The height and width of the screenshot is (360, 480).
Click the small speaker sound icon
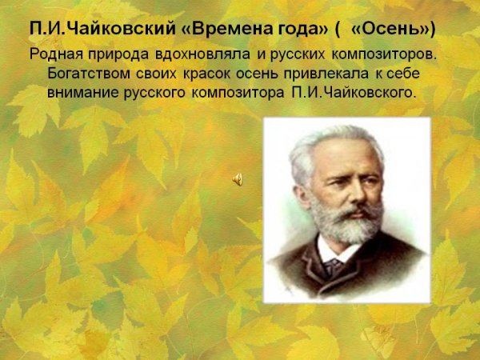pos(238,180)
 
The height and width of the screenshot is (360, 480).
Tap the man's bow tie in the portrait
pos(333,266)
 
